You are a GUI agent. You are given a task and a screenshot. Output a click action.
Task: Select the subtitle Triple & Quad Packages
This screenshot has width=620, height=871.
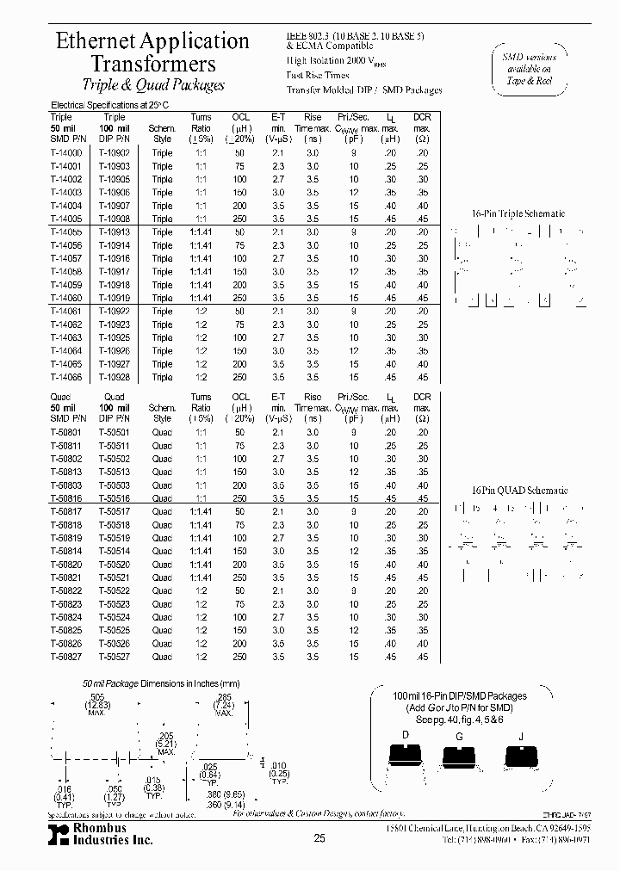[x=152, y=84]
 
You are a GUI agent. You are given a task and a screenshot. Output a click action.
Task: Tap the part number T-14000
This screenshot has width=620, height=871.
[x=66, y=152]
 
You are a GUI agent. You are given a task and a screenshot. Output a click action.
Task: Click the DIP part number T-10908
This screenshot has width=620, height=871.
[x=114, y=219]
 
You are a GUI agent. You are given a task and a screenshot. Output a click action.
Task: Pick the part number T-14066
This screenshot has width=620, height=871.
[x=66, y=377]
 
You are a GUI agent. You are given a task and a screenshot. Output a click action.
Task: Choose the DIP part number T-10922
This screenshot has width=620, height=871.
[x=114, y=311]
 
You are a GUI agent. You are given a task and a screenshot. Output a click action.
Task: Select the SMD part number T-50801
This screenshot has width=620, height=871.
[x=66, y=432]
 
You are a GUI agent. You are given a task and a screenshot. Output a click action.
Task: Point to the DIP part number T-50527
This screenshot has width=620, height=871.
[x=114, y=657]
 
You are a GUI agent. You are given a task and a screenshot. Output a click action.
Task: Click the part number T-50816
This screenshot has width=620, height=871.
[x=66, y=498]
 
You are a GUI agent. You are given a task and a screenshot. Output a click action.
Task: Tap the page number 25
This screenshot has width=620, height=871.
[x=319, y=838]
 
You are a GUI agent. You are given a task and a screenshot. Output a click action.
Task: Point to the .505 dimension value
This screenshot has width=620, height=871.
[x=97, y=696]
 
